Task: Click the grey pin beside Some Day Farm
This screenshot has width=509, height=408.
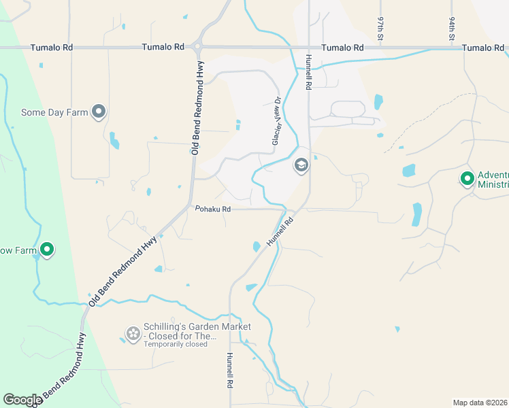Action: [x=99, y=112]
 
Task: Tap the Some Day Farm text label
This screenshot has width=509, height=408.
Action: [x=55, y=112]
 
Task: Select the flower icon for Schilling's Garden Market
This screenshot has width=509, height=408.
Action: [x=133, y=333]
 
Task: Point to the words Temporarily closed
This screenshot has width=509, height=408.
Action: [x=176, y=344]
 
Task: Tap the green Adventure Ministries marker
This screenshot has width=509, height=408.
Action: [x=467, y=179]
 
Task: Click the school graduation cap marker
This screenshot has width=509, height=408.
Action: [x=301, y=165]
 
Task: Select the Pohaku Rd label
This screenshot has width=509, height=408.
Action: [x=213, y=209]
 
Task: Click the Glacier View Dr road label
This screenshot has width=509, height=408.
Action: [x=277, y=120]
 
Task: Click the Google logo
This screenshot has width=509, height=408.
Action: [x=22, y=400]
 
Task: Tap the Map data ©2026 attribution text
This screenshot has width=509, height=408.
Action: [x=480, y=403]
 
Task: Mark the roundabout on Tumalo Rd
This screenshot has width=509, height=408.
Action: [x=197, y=48]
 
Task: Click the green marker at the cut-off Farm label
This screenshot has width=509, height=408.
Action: [x=47, y=250]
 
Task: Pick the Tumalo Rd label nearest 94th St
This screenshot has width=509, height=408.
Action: [x=482, y=48]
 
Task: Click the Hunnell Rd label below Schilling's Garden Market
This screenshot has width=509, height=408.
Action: [x=230, y=371]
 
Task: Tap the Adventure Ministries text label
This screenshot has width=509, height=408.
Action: [x=493, y=180]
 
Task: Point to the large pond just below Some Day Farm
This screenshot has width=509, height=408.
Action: [x=114, y=141]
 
